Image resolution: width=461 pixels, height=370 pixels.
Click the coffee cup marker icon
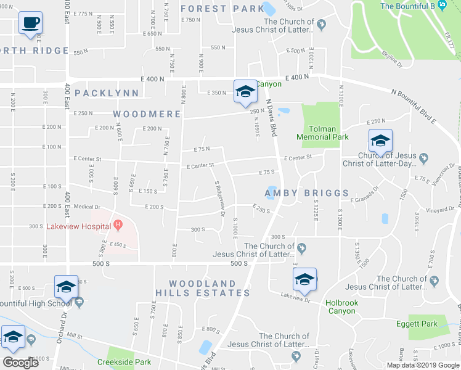(30, 24)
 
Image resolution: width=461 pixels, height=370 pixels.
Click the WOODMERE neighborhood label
(147, 114)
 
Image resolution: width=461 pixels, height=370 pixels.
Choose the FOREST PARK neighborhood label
(222, 9)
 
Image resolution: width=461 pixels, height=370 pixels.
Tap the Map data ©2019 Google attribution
(422, 365)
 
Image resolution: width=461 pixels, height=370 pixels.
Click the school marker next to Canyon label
(245, 92)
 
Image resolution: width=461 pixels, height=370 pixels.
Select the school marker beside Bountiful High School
(66, 287)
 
